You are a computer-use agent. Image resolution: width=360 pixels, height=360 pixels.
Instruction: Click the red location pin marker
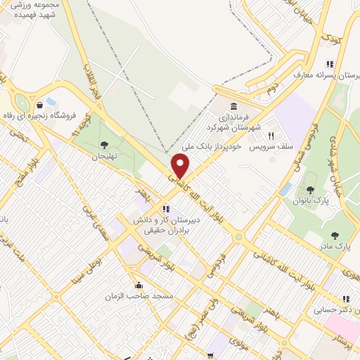pos(181,166)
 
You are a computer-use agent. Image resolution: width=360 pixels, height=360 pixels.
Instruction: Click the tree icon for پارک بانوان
pos(310,191)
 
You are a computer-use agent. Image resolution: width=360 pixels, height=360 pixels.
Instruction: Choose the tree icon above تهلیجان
pos(105,145)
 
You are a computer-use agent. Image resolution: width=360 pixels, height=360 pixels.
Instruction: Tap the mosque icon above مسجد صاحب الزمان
pos(139,285)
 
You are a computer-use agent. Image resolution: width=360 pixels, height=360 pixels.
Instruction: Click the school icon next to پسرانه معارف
pos(330,65)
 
